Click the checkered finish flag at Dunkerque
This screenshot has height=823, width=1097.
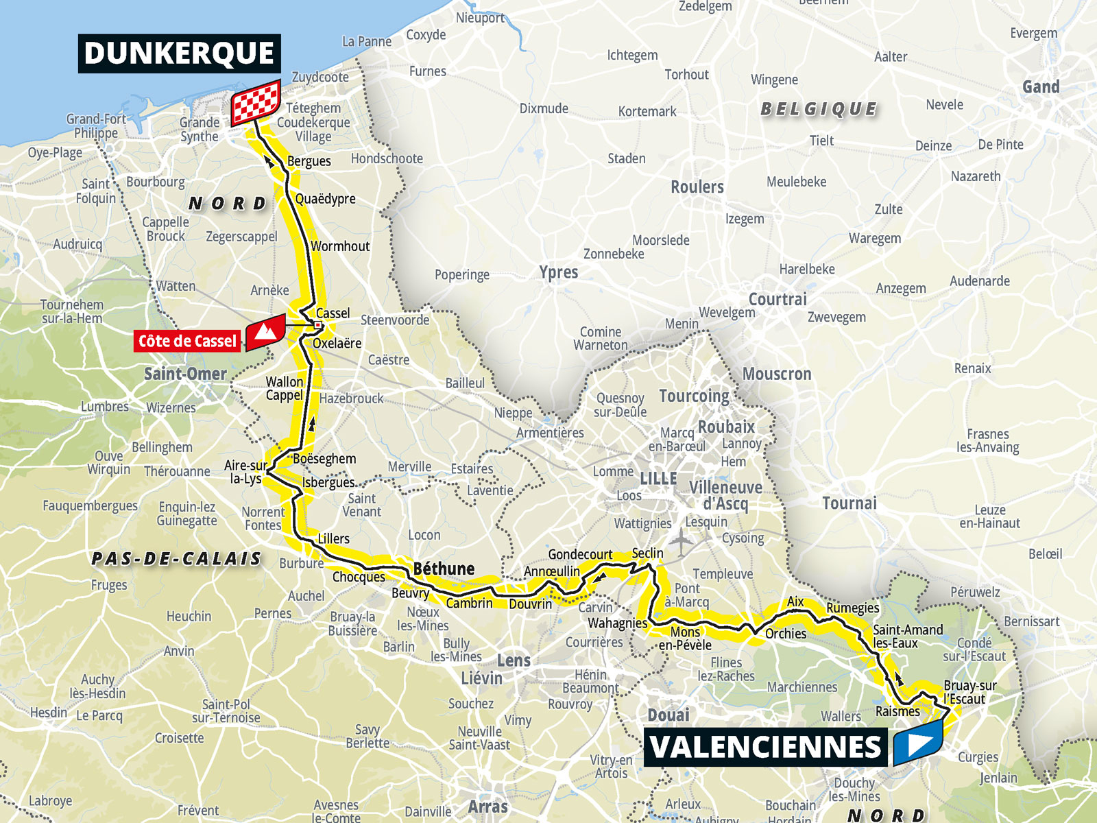click(x=256, y=102)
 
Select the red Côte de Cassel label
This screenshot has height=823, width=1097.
click(x=187, y=341)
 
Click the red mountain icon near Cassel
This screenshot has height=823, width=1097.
click(x=266, y=333)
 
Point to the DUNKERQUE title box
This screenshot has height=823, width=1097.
click(x=179, y=53)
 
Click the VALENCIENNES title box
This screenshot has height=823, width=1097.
click(x=765, y=747)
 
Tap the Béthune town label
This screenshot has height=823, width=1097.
click(x=444, y=569)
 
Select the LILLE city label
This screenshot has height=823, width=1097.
click(x=658, y=479)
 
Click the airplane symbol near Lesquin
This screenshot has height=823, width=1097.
click(x=682, y=542)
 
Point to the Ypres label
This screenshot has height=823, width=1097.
click(x=558, y=272)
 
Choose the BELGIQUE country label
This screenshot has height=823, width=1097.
click(x=819, y=109)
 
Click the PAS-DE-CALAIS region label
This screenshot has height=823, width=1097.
click(x=177, y=559)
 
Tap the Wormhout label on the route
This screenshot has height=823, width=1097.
click(x=340, y=246)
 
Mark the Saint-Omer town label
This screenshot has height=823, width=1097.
click(x=185, y=374)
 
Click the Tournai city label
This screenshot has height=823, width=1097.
click(x=849, y=503)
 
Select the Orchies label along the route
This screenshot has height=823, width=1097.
click(x=786, y=634)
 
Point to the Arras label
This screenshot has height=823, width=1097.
click(x=487, y=807)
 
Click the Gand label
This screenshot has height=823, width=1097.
click(x=1041, y=87)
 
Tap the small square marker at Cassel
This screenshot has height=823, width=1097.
click(x=318, y=325)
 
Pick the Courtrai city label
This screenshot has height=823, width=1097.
click(x=777, y=299)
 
